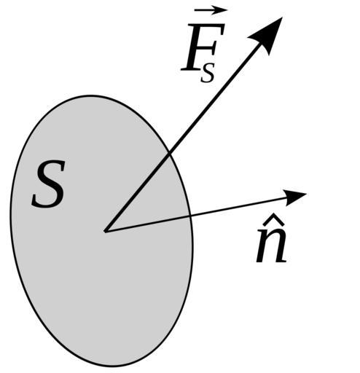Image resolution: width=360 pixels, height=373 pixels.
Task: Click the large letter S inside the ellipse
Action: pos(49,184)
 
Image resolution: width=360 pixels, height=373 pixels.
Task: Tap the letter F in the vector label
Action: pos(203,47)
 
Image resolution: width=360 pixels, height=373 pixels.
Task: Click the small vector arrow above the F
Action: pos(211,10)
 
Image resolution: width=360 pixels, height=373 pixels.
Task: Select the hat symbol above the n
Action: pos(271,219)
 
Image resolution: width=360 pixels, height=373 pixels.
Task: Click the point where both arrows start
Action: pos(105,231)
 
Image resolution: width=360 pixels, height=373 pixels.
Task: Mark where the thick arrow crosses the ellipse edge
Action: pos(170,154)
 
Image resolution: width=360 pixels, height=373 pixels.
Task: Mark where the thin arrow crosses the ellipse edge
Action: pos(189,216)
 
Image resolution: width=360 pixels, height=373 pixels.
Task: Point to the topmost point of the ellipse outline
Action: pos(91,95)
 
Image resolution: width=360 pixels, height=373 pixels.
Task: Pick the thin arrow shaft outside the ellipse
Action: pos(238,207)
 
